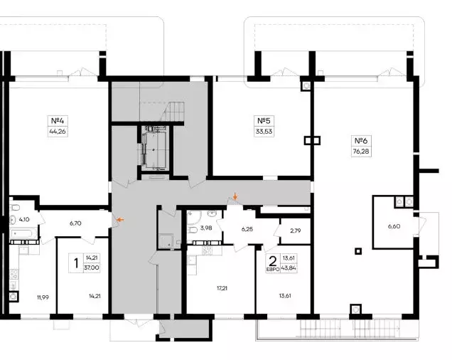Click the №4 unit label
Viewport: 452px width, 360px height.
(58, 120)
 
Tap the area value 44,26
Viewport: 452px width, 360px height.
(58, 132)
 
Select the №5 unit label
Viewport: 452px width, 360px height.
(264, 120)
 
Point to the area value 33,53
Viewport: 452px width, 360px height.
(264, 132)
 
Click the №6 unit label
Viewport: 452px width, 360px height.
(361, 141)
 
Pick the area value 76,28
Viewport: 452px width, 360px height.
(361, 152)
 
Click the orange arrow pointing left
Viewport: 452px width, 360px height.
(120, 220)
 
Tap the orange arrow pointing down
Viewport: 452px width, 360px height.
(235, 196)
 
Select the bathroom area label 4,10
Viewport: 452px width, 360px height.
(24, 219)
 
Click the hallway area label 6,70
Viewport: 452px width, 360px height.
(75, 223)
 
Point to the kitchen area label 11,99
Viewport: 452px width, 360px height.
(43, 297)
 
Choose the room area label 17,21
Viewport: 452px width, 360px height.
(222, 288)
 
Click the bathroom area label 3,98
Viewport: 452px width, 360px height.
(206, 228)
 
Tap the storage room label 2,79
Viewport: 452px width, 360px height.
(296, 231)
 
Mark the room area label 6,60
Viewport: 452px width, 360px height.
(394, 226)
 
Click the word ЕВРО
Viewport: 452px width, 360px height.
(272, 269)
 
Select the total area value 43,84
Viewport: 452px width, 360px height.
(290, 268)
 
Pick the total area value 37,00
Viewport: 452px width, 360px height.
(92, 268)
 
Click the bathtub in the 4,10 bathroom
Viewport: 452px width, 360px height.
(23, 233)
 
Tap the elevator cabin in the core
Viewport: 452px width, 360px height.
(154, 149)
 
